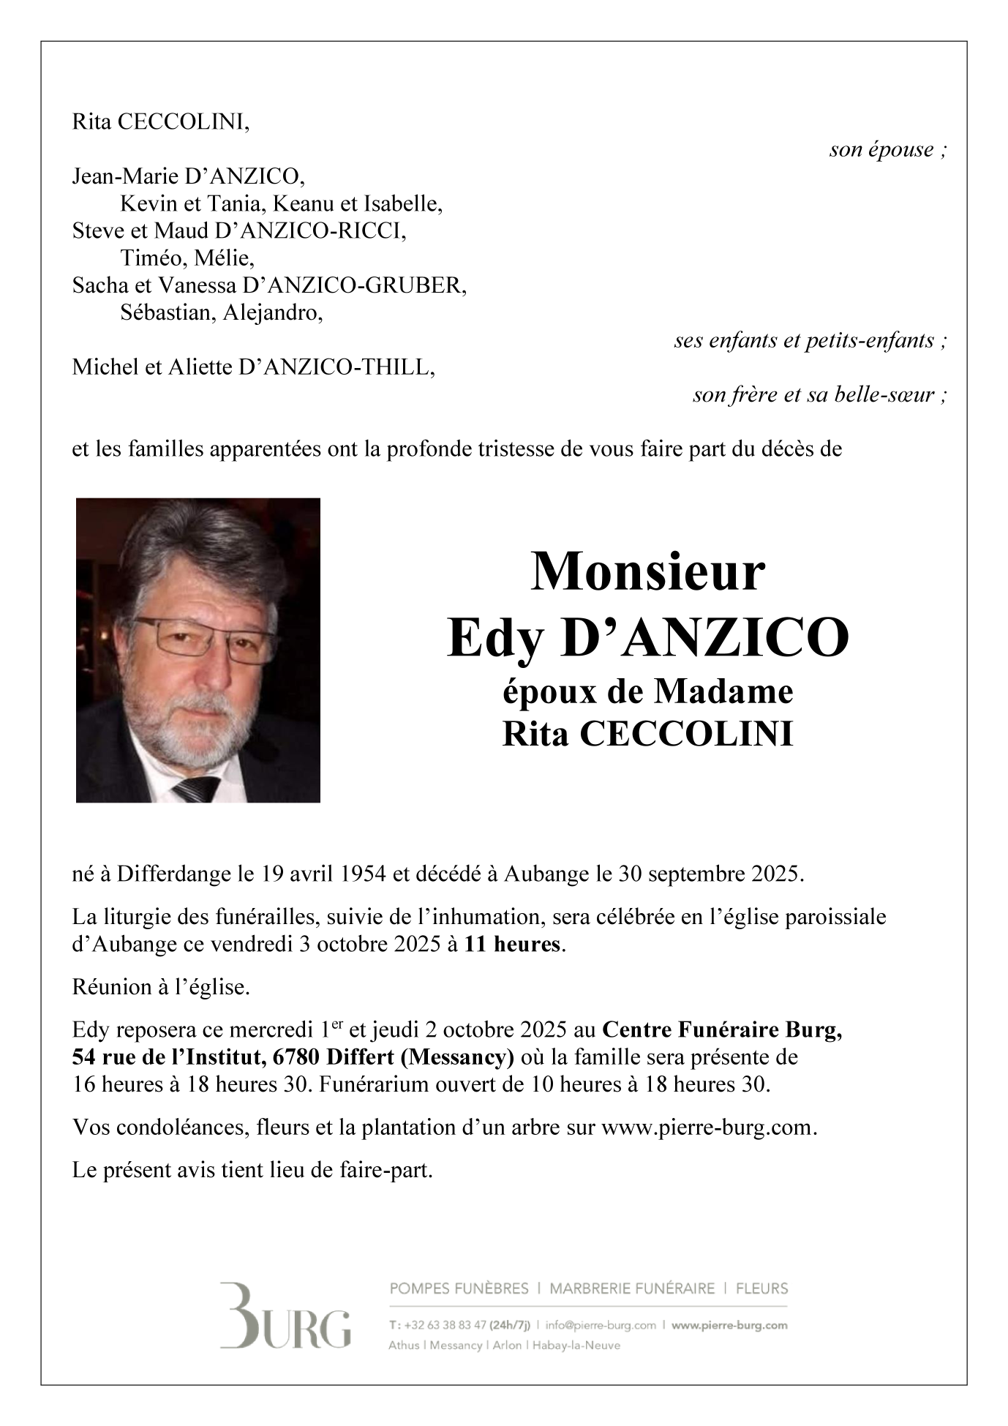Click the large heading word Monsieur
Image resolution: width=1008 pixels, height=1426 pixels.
coord(647,572)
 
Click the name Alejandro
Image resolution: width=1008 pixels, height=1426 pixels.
coord(272,312)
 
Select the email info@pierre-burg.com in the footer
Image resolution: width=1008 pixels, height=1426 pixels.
coord(600,1325)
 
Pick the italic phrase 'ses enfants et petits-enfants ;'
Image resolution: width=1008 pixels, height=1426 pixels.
coord(810,340)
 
